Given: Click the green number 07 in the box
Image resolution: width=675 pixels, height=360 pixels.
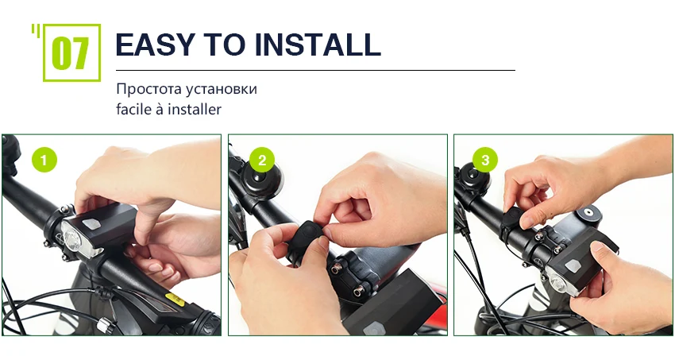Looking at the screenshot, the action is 70,53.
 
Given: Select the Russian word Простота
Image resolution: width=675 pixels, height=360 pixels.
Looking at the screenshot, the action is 149,89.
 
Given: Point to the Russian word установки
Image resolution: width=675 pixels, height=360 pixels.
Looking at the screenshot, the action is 222,90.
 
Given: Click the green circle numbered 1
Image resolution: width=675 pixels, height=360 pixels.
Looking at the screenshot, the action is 44,160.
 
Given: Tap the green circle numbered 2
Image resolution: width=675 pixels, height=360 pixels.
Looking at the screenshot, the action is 262,160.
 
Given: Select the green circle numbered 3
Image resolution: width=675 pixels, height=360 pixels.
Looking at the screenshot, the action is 485,160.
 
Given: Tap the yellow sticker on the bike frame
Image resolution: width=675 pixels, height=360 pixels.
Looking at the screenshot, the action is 175,300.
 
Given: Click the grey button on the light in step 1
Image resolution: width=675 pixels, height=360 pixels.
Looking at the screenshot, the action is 91,224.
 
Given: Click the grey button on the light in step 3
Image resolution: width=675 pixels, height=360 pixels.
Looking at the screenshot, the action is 572,265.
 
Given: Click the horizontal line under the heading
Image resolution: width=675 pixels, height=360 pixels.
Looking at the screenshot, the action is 315,70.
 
